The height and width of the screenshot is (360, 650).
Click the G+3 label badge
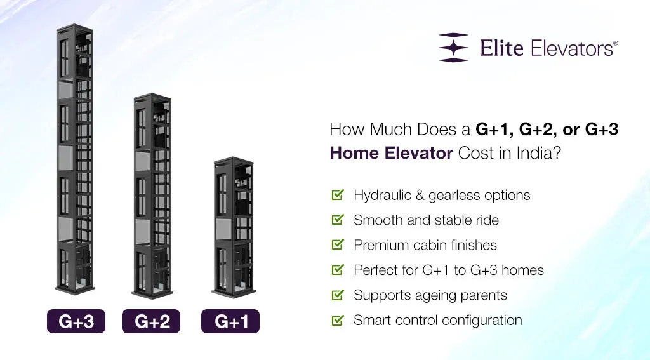point(76,321)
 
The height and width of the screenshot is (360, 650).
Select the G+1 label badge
point(230,321)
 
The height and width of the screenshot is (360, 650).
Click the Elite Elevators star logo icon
point(453,48)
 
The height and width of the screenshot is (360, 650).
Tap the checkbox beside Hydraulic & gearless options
point(338,195)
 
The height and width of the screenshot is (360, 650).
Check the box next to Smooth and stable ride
point(338,220)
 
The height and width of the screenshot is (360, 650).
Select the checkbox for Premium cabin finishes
point(338,244)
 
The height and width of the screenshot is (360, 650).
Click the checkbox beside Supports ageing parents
point(338,295)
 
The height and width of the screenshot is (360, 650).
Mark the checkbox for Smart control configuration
point(338,320)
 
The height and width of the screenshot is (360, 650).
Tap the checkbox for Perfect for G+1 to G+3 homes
point(338,270)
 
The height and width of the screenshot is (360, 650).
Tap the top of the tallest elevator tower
point(76,28)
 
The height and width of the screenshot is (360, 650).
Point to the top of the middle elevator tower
point(152,97)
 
